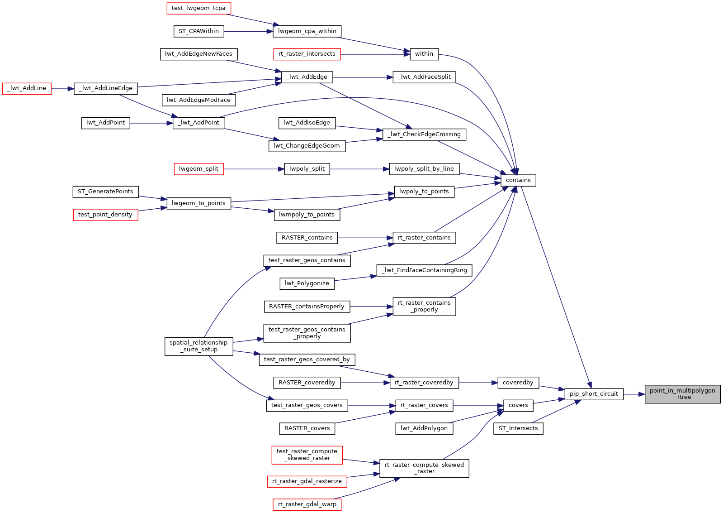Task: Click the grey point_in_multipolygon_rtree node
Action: click(x=682, y=394)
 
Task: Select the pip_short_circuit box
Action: click(x=594, y=394)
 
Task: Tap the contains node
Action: click(x=518, y=180)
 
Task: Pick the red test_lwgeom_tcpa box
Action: click(x=198, y=8)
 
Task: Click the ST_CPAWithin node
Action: click(x=198, y=31)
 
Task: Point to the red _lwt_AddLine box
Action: click(x=27, y=88)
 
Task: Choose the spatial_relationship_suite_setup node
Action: click(x=198, y=346)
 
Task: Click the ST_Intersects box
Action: click(x=518, y=428)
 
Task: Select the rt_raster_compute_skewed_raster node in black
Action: click(x=424, y=468)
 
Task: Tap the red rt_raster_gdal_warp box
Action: click(x=307, y=504)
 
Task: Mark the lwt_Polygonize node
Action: click(x=307, y=283)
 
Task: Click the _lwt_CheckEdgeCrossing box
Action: click(x=424, y=134)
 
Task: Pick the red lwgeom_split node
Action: click(x=198, y=169)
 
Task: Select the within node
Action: click(x=424, y=54)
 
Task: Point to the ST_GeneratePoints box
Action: click(x=105, y=192)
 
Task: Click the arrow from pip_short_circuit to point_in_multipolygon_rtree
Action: click(x=634, y=394)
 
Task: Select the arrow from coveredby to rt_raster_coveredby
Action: click(x=478, y=383)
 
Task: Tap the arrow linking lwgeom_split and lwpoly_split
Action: click(x=254, y=169)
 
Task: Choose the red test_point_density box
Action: click(x=105, y=215)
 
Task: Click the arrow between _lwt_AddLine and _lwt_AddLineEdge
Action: click(x=62, y=89)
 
